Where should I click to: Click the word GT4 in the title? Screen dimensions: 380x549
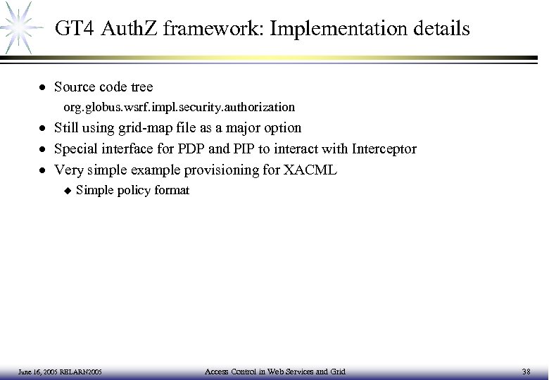tap(75, 29)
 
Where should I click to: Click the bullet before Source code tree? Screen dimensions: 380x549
tap(43, 88)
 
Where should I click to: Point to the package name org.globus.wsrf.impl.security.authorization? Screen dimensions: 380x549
tap(179, 108)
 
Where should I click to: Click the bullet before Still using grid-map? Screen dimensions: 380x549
tap(43, 129)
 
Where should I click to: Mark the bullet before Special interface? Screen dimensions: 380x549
tap(43, 150)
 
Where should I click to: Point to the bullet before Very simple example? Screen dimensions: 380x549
tap(43, 170)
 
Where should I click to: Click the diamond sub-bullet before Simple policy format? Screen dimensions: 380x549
tap(67, 191)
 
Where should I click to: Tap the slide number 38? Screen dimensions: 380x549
tap(528, 371)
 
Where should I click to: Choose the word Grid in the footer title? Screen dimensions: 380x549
tap(337, 371)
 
